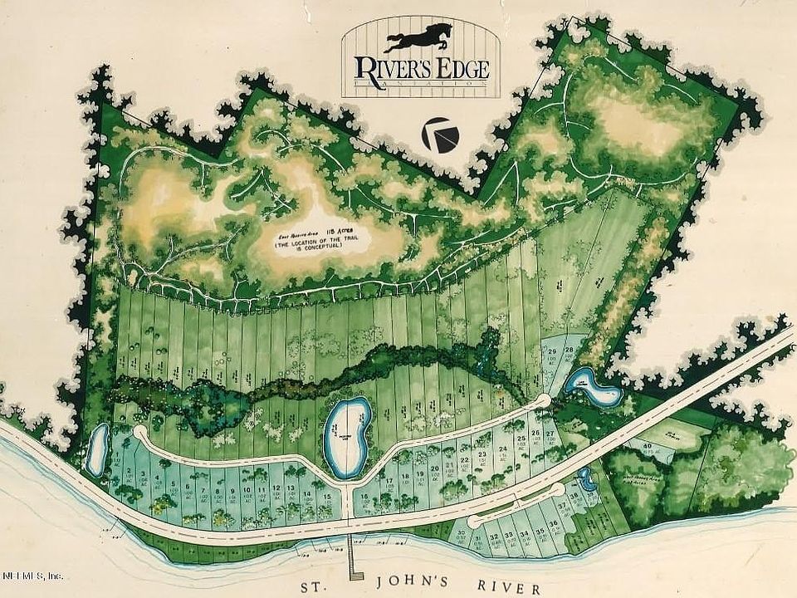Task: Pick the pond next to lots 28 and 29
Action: click(594, 387)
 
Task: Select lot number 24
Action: click(503, 449)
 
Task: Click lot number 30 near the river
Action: click(462, 532)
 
